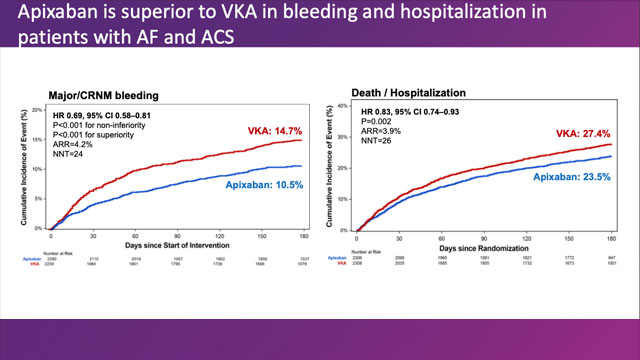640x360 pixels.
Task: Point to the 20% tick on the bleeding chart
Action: (x=37, y=110)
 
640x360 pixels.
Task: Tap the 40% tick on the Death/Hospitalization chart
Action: (x=344, y=105)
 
